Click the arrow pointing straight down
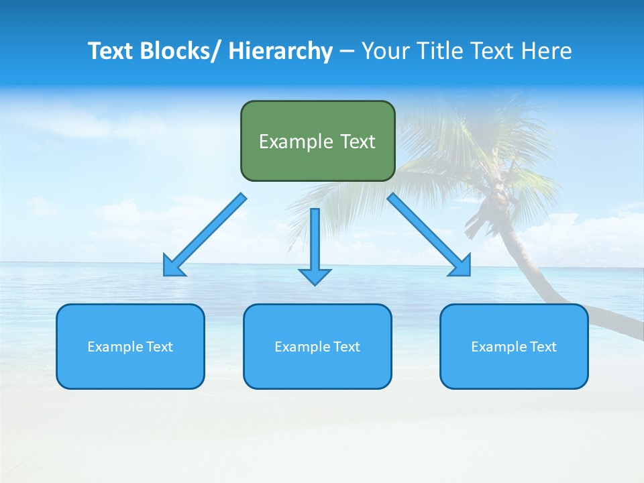pyautogui.click(x=315, y=241)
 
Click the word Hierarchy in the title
pyautogui.click(x=280, y=51)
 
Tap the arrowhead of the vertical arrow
pyautogui.click(x=315, y=276)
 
